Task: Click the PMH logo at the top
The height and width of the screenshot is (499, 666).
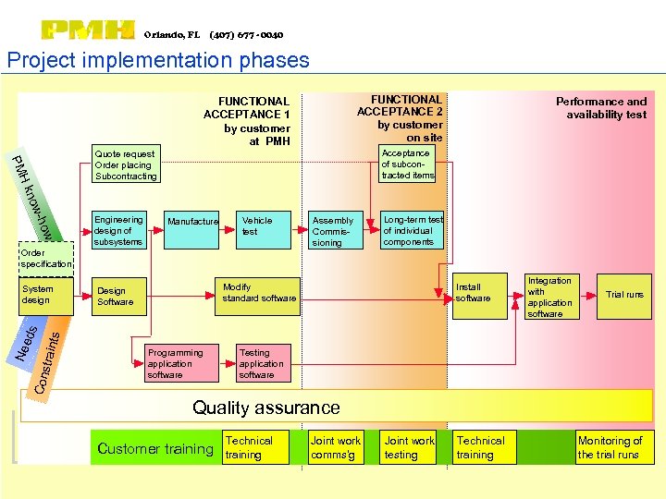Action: point(89,31)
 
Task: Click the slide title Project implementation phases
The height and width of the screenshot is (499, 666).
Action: point(158,61)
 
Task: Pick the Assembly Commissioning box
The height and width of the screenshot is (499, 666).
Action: point(334,231)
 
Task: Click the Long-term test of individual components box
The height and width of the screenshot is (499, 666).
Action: point(413,230)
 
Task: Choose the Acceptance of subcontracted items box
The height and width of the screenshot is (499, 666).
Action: point(408,164)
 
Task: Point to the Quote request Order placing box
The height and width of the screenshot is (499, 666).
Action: point(126,164)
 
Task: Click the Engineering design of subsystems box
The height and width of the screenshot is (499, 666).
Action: point(119,230)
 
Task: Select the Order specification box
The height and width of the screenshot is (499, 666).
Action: point(45,259)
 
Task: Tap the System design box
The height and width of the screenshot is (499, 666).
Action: point(44,295)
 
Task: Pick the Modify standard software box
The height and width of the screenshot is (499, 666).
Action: point(259,293)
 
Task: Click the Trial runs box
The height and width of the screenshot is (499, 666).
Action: point(624,295)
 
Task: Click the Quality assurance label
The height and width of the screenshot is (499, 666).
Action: point(266,408)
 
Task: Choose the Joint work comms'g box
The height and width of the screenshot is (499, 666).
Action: point(336,447)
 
